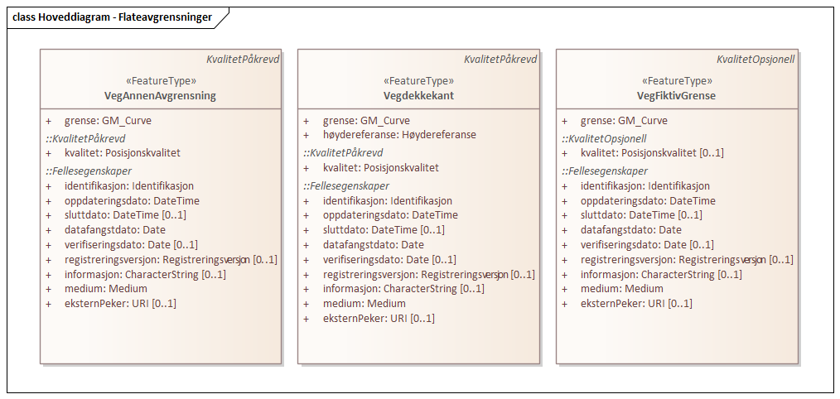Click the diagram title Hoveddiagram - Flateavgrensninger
(x=112, y=16)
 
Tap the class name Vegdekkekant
(x=418, y=95)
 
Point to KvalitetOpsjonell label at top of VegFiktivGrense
(x=756, y=60)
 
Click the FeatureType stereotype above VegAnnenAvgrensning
(x=161, y=81)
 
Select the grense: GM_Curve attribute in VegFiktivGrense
(x=624, y=120)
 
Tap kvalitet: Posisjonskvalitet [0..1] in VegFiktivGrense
(x=652, y=152)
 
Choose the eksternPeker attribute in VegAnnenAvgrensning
(x=120, y=303)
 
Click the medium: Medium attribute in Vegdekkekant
(x=364, y=303)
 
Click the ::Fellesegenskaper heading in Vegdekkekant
(x=345, y=185)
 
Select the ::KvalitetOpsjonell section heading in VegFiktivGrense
(x=604, y=138)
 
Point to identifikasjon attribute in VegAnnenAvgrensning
(x=128, y=185)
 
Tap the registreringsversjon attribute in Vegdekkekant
(x=428, y=274)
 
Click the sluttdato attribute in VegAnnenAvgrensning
(x=125, y=214)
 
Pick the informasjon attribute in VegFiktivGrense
(x=660, y=274)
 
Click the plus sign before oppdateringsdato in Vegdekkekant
(x=307, y=214)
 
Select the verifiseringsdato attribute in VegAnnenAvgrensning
(x=131, y=244)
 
